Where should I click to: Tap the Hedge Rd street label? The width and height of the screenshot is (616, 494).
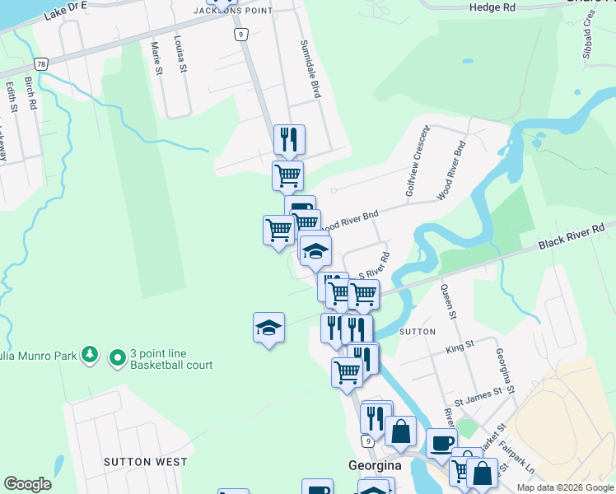(x=492, y=7)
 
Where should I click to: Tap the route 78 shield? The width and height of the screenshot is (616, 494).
(x=41, y=63)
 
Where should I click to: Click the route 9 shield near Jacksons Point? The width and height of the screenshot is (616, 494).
(x=240, y=34)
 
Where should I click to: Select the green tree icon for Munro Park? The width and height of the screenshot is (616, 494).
(x=89, y=356)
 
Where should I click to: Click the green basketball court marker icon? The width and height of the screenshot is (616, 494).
(x=118, y=357)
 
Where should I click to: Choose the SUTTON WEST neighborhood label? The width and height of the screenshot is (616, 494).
(x=145, y=462)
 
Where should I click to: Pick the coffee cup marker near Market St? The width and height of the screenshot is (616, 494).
(x=441, y=442)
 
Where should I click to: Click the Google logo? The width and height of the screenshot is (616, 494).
(x=27, y=484)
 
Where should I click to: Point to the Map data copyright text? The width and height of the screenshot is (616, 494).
(x=565, y=487)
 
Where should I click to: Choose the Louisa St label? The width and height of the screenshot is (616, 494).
(x=180, y=54)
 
